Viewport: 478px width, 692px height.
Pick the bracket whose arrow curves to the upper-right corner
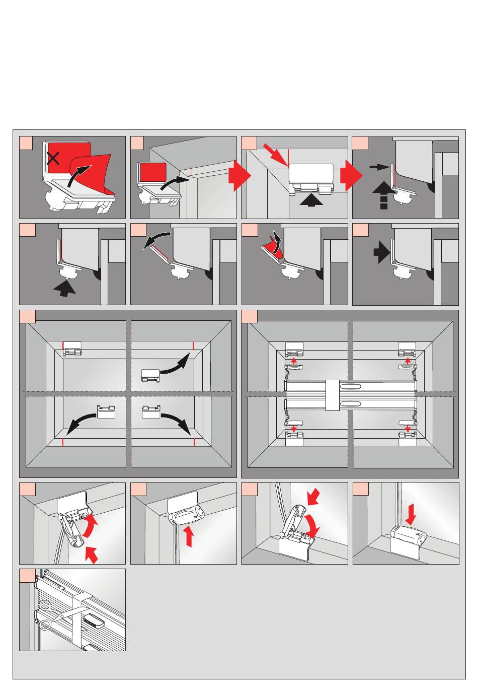tap(150, 375)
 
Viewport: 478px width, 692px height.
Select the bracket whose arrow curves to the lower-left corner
tap(106, 412)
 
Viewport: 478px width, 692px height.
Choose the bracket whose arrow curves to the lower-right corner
tap(151, 412)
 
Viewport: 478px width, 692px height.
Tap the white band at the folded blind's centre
tap(333, 395)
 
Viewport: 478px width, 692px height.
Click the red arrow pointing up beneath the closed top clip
tap(189, 536)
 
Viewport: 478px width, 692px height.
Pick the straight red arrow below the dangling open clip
tap(93, 556)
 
